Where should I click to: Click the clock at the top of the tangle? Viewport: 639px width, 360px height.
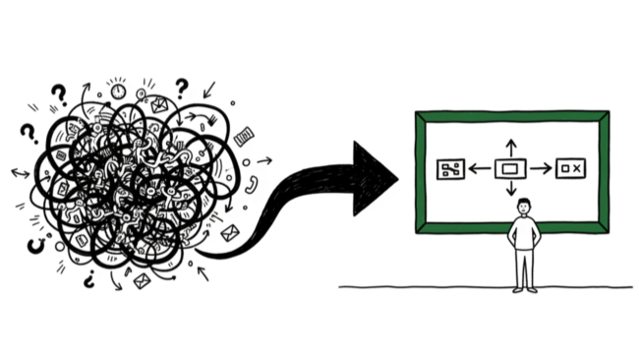pos(120,91)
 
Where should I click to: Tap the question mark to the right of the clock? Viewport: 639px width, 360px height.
pos(181,87)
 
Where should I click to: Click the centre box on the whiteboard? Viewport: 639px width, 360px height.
pos(509,170)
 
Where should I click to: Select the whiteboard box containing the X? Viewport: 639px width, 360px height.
pos(570,170)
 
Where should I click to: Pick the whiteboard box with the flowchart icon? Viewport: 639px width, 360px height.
pos(451,170)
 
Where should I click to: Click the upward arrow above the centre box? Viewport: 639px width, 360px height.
pos(509,146)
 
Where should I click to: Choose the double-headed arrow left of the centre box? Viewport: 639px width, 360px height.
pos(481,170)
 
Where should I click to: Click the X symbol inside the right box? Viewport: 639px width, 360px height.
pos(577,170)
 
